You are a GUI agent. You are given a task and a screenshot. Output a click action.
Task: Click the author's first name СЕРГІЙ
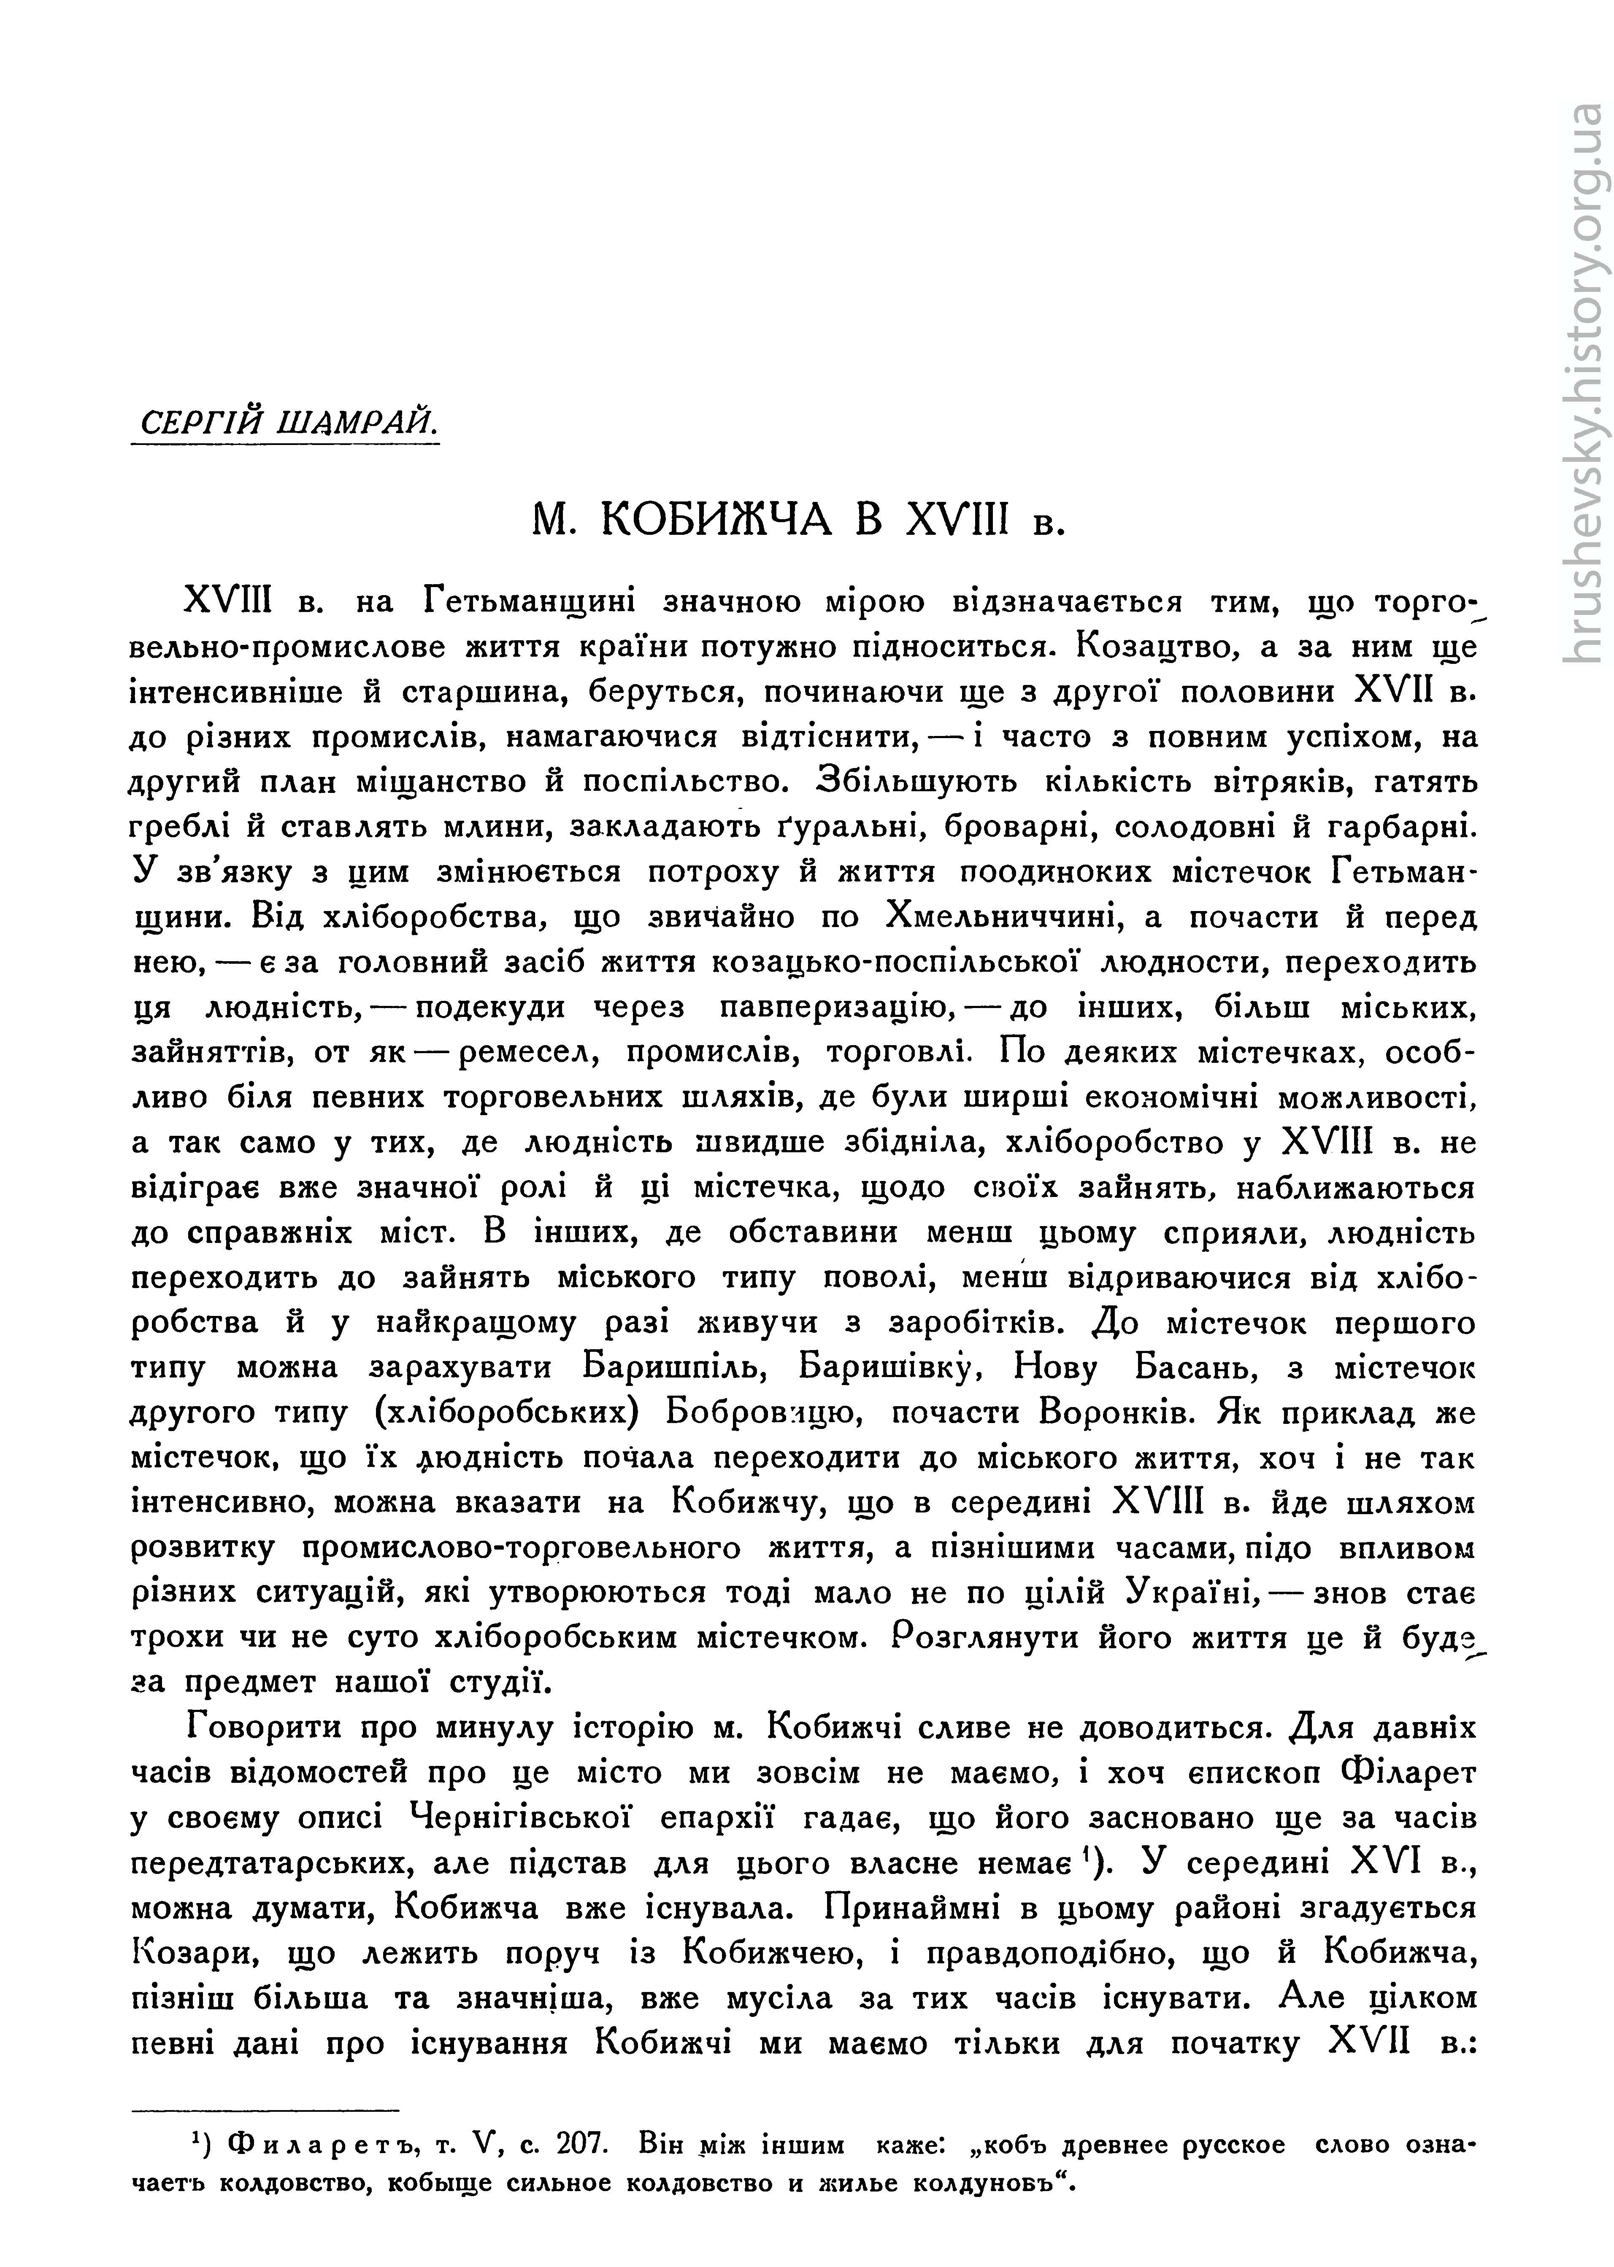[x=199, y=422]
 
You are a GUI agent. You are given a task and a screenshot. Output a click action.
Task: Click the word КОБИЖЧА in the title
[x=716, y=520]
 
